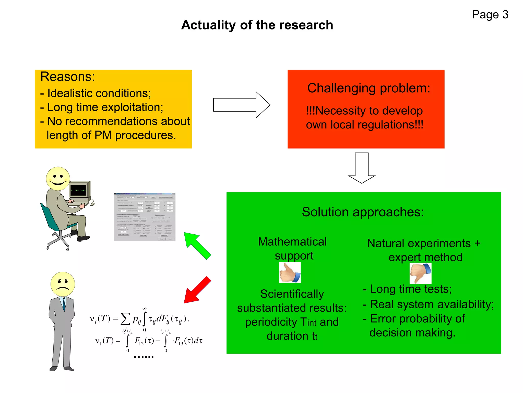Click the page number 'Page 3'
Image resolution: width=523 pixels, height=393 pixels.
490,15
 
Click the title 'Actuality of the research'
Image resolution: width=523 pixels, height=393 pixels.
257,25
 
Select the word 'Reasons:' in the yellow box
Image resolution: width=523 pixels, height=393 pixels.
68,77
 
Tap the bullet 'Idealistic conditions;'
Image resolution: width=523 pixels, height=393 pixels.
99,93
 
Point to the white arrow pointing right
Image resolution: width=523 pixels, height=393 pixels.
241,105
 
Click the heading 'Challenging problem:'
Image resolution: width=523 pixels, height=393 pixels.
369,88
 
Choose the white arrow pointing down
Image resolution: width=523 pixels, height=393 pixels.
362,168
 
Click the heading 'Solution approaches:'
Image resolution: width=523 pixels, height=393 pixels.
363,212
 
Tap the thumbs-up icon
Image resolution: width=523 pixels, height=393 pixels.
290,273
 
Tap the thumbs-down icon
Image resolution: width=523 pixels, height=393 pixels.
420,273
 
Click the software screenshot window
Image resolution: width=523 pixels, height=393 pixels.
145,217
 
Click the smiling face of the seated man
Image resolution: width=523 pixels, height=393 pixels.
58,179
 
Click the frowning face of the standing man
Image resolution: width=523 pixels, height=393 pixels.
63,284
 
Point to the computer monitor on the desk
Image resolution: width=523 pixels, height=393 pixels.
79,190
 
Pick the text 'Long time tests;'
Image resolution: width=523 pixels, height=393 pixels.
411,289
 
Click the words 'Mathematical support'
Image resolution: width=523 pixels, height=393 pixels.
293,248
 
